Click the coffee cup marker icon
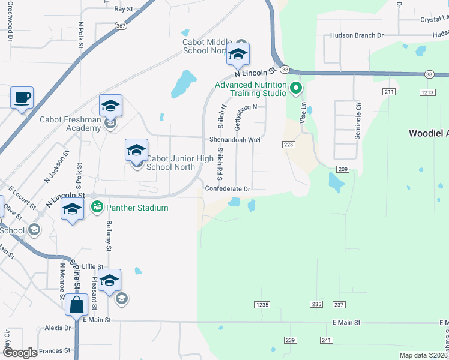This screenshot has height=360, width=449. tap(22, 98)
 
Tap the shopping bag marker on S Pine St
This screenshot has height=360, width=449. tap(77, 305)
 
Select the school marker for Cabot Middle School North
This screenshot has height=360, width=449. tap(238, 55)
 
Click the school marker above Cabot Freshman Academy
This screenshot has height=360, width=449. tap(110, 106)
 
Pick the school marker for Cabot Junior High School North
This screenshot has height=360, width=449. tap(136, 150)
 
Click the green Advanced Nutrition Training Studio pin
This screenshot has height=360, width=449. tap(295, 89)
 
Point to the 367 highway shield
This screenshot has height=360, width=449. tap(121, 26)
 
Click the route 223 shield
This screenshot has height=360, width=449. tap(288, 145)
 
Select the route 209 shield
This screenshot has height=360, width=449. tap(343, 169)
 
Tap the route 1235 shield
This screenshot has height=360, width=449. tap(262, 305)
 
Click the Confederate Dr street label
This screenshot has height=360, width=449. tap(227, 188)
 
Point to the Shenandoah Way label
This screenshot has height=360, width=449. tap(235, 139)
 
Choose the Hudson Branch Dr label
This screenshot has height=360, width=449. tap(357, 35)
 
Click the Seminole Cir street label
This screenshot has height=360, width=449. tap(358, 121)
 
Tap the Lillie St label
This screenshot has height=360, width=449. tap(93, 266)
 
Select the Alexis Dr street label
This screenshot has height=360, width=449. tap(58, 328)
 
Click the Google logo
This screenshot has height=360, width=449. tap(20, 353)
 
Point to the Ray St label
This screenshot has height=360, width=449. tap(123, 9)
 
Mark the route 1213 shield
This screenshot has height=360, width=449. tap(427, 92)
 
